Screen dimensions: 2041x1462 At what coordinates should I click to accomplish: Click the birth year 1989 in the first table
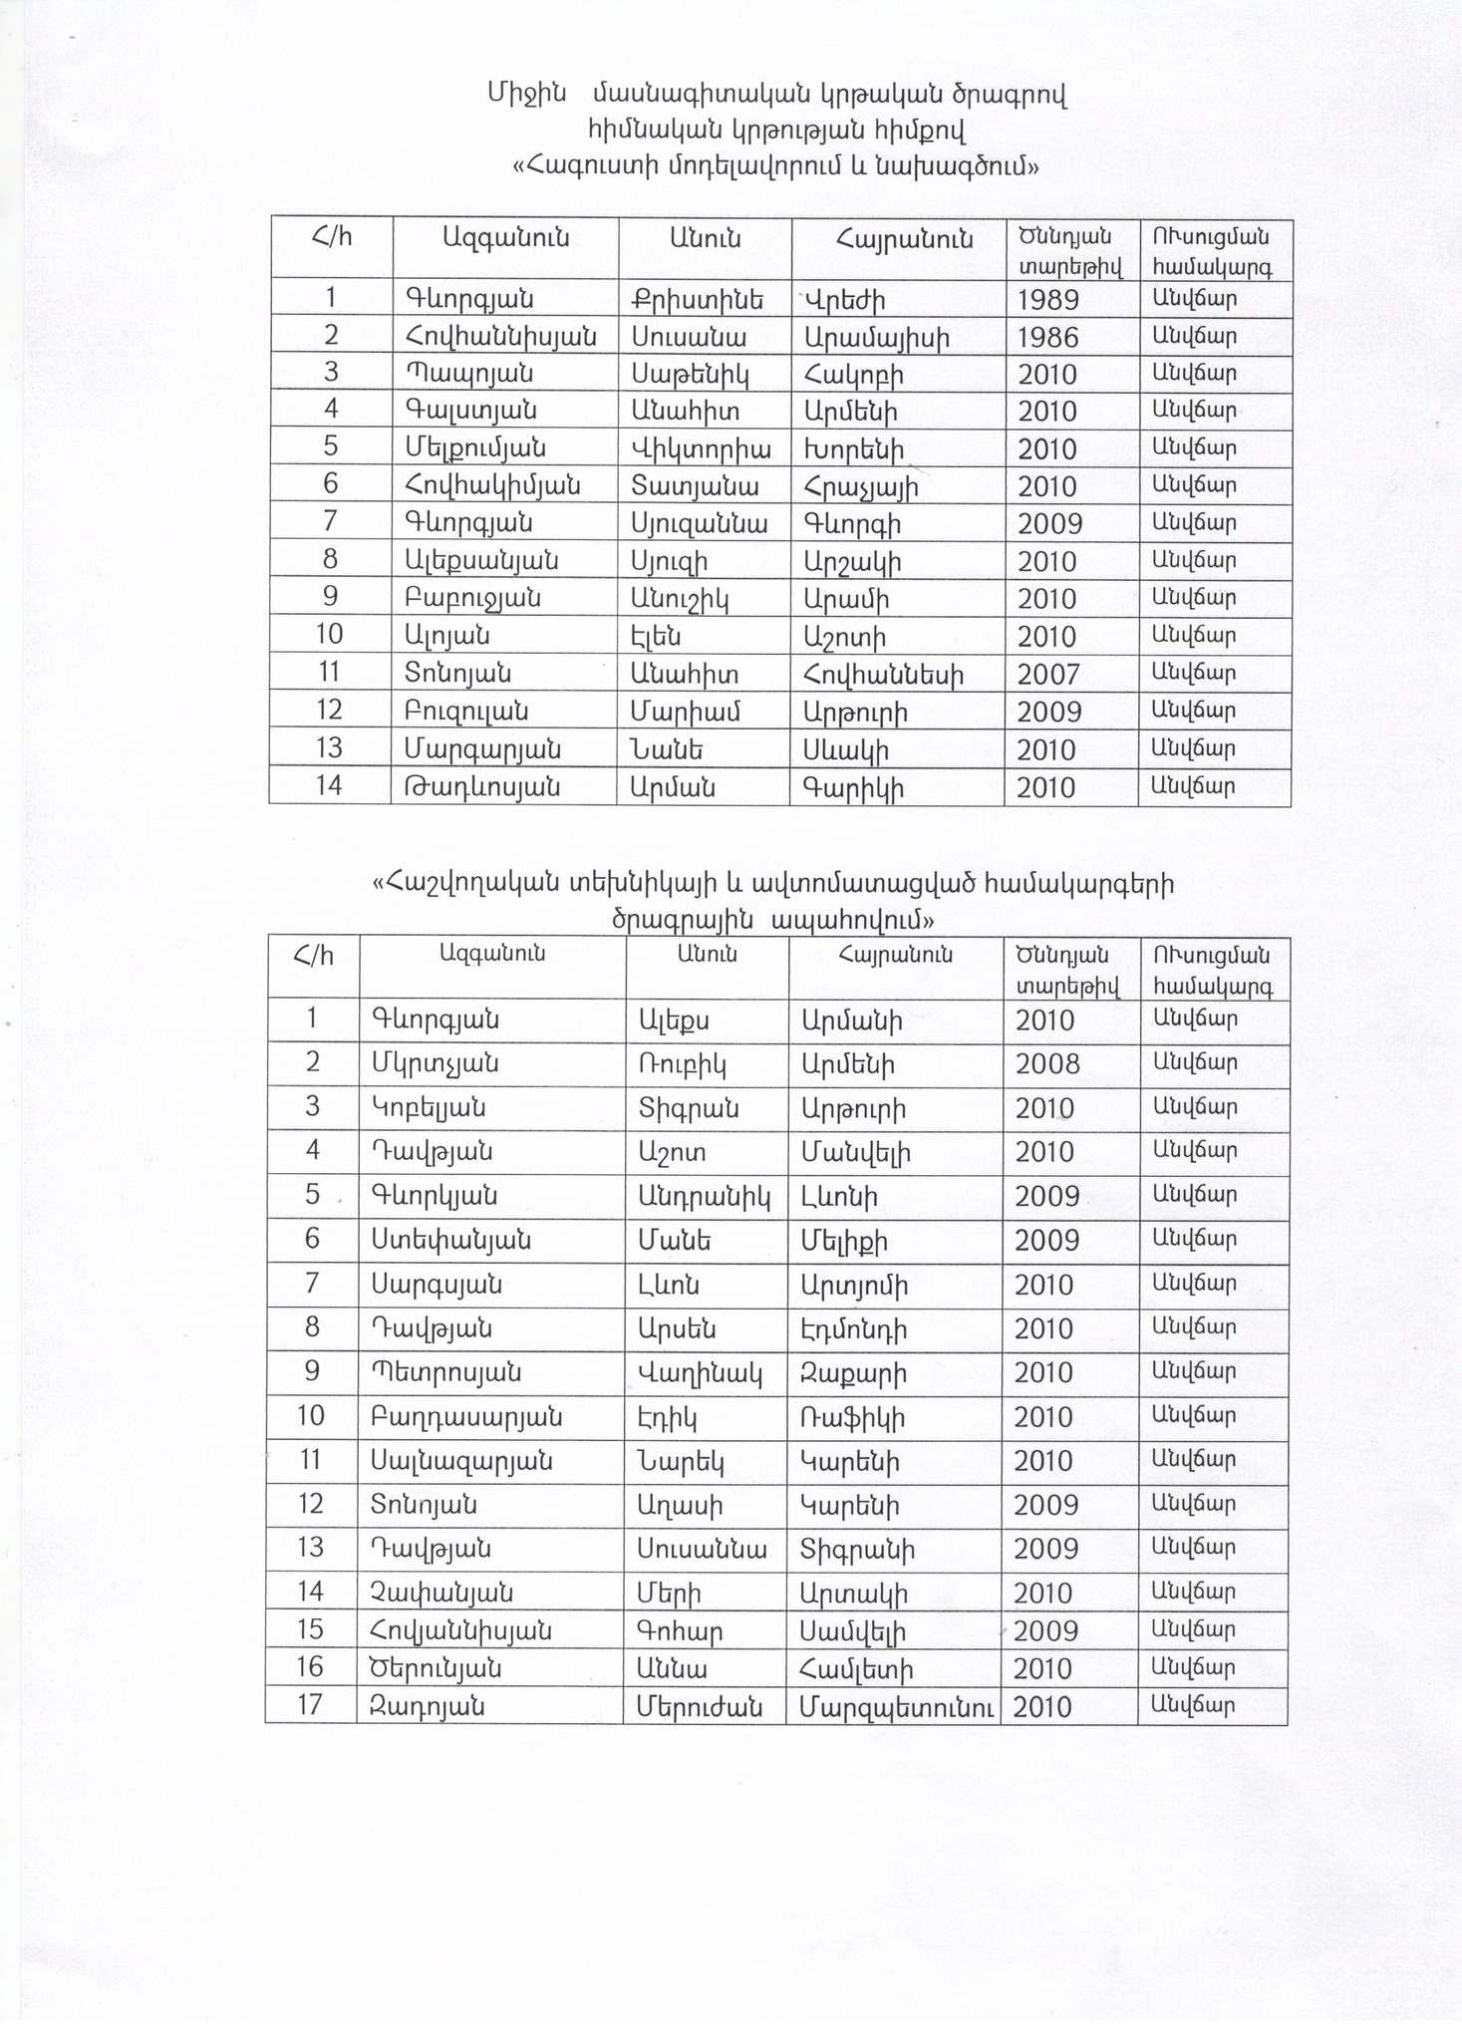pyautogui.click(x=1047, y=300)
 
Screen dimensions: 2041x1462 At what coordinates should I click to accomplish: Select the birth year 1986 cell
pyautogui.click(x=1047, y=338)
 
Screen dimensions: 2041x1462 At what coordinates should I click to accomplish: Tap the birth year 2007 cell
pyautogui.click(x=1047, y=675)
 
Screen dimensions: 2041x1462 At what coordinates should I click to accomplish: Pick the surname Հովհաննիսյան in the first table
pyautogui.click(x=501, y=337)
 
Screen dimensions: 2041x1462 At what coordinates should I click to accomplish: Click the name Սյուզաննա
pyautogui.click(x=700, y=523)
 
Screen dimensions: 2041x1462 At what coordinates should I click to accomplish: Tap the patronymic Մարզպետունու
pyautogui.click(x=896, y=1706)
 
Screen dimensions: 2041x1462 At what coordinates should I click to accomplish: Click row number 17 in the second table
pyautogui.click(x=311, y=1705)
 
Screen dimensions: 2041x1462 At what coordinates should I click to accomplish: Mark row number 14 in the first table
pyautogui.click(x=329, y=786)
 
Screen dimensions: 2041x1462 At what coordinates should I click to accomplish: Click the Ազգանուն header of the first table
pyautogui.click(x=505, y=238)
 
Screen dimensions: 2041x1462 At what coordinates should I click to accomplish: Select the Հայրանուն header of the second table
pyautogui.click(x=895, y=955)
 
